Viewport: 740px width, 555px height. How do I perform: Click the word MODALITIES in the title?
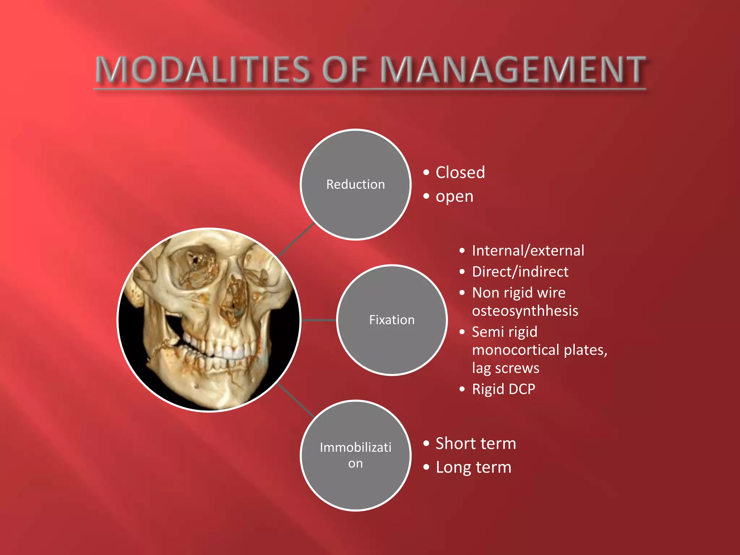(x=202, y=70)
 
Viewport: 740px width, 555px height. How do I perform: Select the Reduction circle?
(x=356, y=184)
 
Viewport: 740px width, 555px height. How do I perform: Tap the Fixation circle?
(x=392, y=320)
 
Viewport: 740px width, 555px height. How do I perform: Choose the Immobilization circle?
(x=356, y=455)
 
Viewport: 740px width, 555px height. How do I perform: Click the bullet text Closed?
(x=460, y=172)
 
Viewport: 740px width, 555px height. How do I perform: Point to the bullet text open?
(x=454, y=197)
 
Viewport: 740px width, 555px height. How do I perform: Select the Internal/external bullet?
(x=528, y=251)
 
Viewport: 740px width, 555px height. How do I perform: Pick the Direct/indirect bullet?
(x=520, y=272)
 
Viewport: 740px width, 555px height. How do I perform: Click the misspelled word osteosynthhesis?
(x=525, y=311)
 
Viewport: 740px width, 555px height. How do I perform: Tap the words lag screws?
(x=505, y=368)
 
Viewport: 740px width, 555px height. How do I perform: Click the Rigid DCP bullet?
(x=503, y=389)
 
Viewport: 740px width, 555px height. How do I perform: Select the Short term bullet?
(x=476, y=443)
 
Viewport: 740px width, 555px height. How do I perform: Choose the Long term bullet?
(x=473, y=467)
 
